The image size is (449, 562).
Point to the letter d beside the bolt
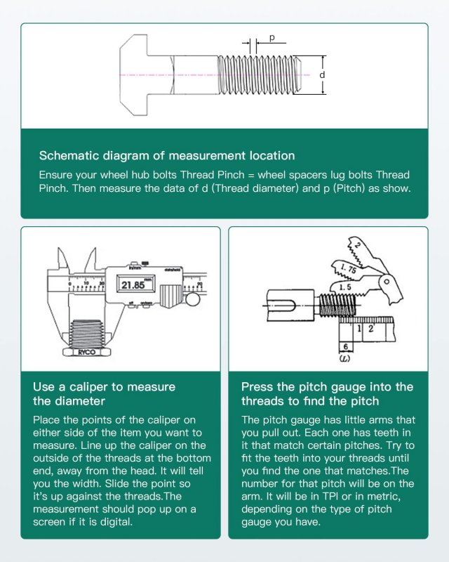[322, 74]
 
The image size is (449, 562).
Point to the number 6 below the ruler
[346, 347]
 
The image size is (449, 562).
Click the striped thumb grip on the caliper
[170, 294]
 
